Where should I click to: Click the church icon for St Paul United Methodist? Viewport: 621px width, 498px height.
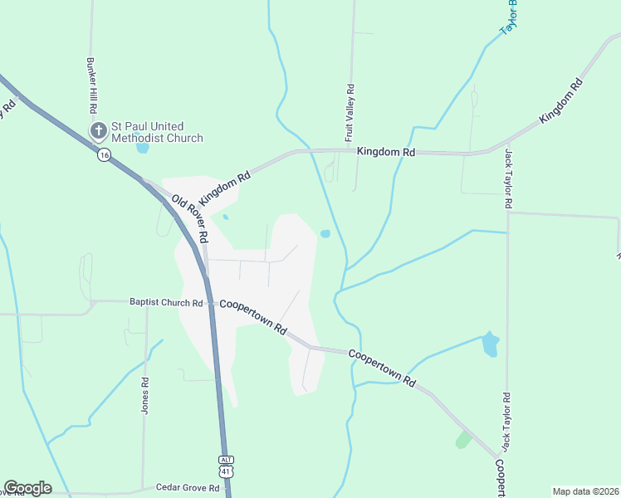point(98,130)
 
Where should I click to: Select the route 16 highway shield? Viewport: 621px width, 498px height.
point(104,155)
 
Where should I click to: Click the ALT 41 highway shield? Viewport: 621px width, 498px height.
point(227,466)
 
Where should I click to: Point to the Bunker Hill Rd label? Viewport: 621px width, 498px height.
point(91,86)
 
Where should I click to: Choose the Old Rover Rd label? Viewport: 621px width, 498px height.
point(190,218)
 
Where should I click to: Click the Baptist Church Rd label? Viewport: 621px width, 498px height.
point(166,303)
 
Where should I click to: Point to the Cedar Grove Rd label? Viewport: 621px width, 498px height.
point(187,488)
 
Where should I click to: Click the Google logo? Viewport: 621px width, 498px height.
point(27,488)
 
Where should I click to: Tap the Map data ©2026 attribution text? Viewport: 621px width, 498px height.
point(585,491)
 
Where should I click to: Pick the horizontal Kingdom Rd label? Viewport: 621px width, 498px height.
point(386,152)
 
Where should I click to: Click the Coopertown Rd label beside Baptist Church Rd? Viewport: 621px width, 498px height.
point(253,316)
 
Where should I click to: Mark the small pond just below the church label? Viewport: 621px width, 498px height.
point(142,149)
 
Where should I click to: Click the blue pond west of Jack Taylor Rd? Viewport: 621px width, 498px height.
point(491,343)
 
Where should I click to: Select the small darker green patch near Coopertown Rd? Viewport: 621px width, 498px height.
point(463,439)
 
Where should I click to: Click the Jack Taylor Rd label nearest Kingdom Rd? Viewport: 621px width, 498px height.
point(507,178)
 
